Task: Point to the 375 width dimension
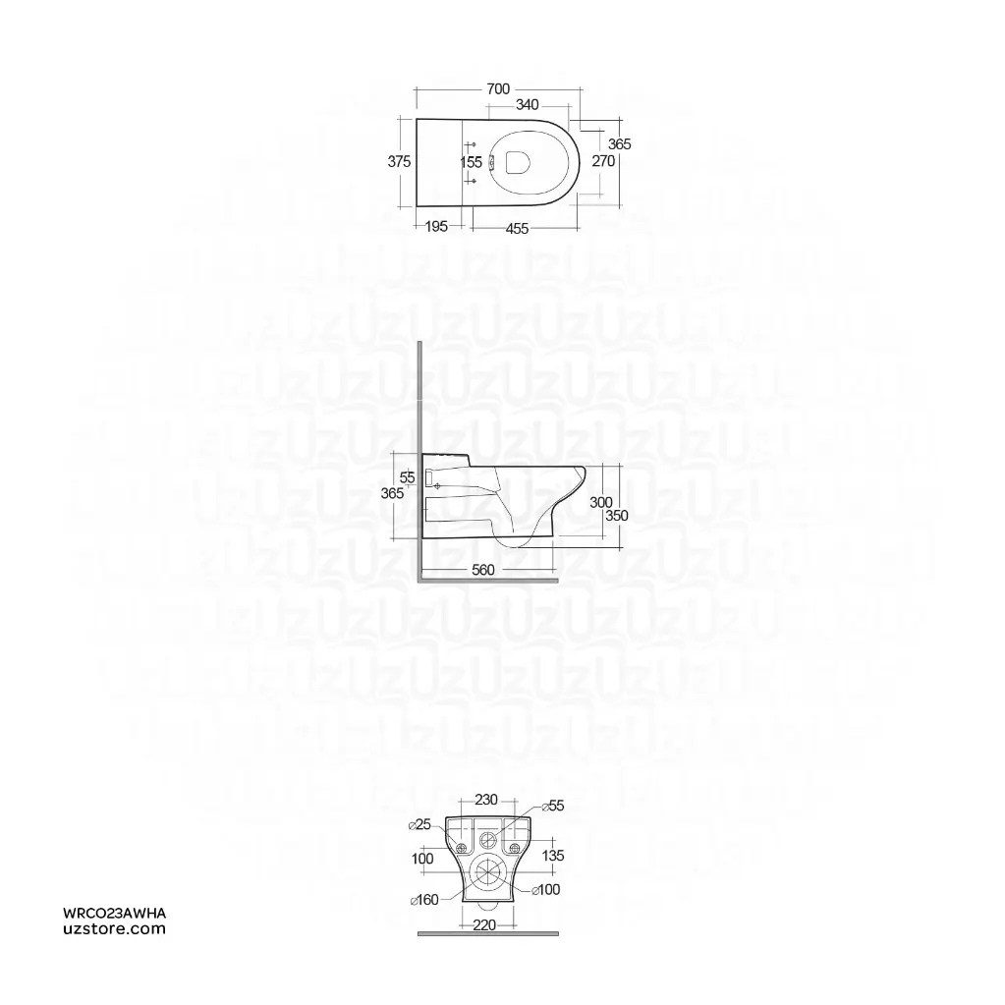[399, 162]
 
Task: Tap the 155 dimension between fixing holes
[471, 163]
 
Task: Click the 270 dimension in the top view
[602, 161]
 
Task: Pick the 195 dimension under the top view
[436, 227]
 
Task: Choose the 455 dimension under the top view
[517, 229]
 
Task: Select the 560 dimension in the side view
[482, 570]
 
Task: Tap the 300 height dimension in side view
[601, 502]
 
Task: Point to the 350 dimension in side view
[616, 515]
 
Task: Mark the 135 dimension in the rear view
[553, 855]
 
